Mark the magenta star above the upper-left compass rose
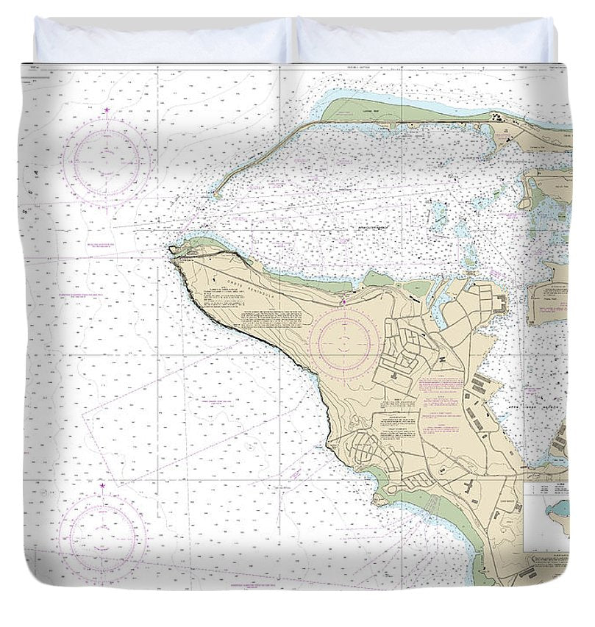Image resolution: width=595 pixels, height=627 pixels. click(x=107, y=111)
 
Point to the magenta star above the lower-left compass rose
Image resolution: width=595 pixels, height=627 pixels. click(x=102, y=487)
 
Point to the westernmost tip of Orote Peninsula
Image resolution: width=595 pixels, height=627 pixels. click(x=171, y=250)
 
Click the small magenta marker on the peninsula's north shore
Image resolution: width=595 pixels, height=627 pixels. click(x=343, y=299)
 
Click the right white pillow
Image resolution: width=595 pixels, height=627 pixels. click(x=424, y=41)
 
